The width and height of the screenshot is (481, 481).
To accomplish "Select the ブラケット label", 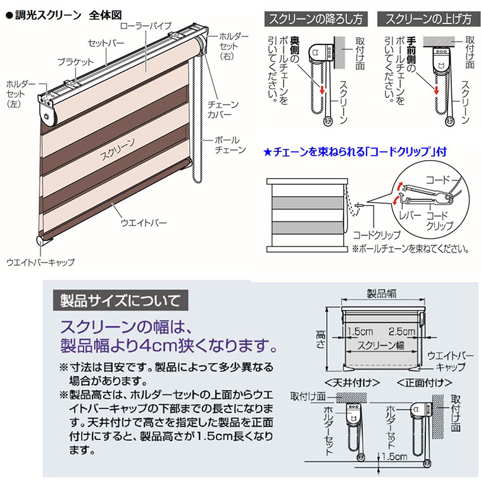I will click(75, 61).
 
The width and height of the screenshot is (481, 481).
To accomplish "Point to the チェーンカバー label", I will click(222, 109).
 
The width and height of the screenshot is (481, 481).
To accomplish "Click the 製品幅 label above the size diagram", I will click(382, 294).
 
